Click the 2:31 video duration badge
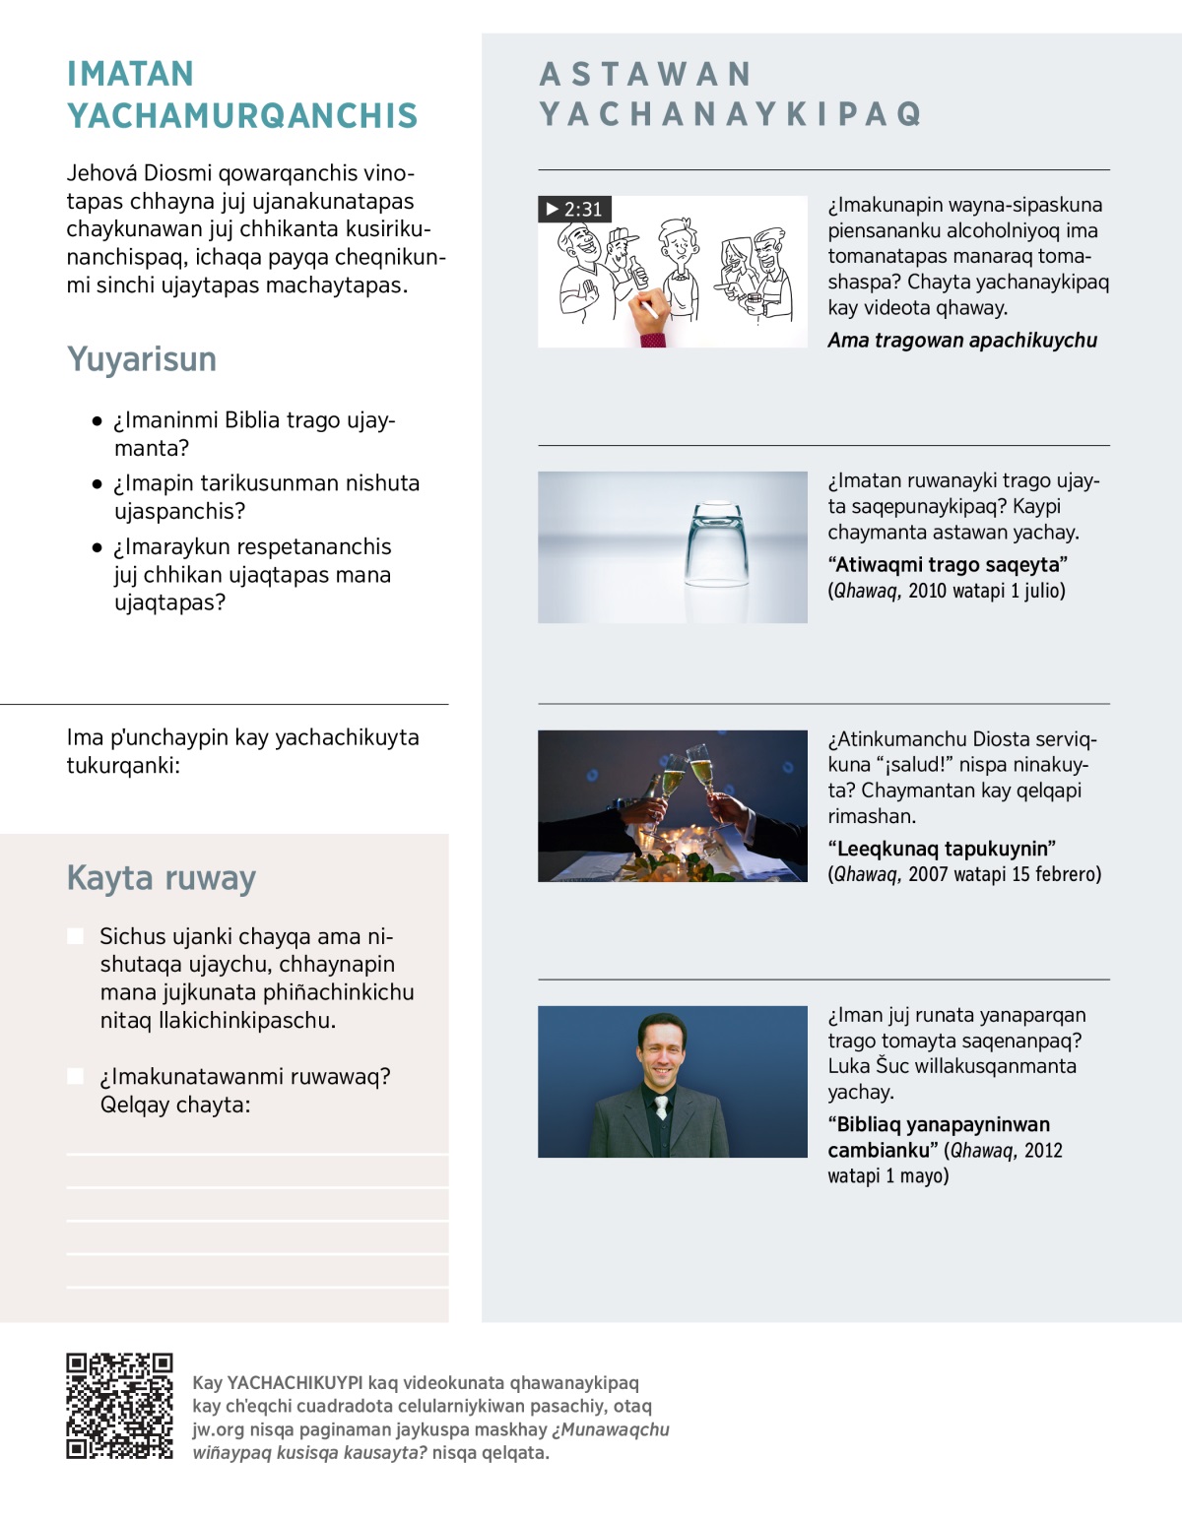pos(574,209)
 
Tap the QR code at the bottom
pos(119,1406)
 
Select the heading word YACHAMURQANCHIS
pos(242,116)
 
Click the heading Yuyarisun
pos(142,359)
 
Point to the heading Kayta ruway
pos(162,877)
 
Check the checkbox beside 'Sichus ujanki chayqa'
pos(76,935)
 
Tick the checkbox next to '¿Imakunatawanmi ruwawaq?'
pos(76,1076)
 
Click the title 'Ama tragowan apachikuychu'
pos(961,341)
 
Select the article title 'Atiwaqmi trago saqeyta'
pos(948,565)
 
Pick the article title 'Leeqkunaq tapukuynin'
pos(942,849)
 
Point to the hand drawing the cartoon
pos(648,314)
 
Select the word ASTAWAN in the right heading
pos(646,75)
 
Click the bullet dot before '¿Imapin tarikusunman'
pos(97,483)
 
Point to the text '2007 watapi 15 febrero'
pos(1005,874)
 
